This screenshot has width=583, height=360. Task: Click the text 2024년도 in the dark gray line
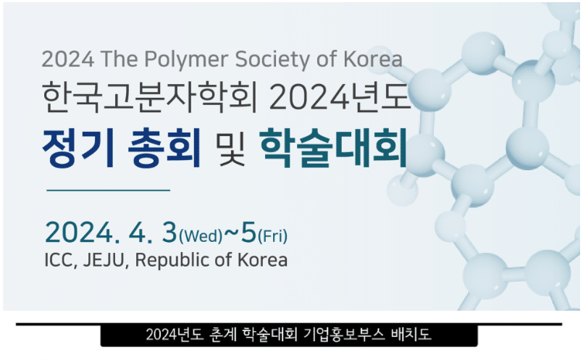(x=340, y=97)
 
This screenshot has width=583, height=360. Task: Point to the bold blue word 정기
(x=78, y=148)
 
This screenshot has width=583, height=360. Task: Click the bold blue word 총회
(x=164, y=148)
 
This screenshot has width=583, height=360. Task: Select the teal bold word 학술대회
(x=333, y=148)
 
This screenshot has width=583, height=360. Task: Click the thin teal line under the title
(x=108, y=191)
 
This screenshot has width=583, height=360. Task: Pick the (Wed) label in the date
(x=201, y=236)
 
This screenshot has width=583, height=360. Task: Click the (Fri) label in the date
(x=272, y=236)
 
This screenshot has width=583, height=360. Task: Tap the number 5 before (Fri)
(x=248, y=232)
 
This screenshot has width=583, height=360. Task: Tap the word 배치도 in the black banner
(x=411, y=335)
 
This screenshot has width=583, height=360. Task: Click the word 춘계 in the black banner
(x=223, y=335)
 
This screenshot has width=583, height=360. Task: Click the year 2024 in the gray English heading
(x=67, y=59)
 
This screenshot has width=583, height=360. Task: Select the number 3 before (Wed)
(x=169, y=232)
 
